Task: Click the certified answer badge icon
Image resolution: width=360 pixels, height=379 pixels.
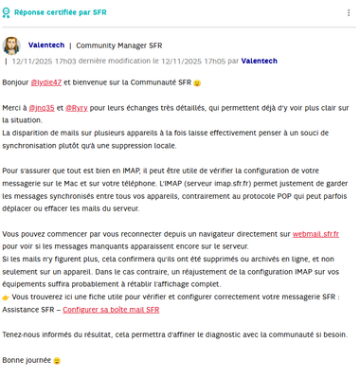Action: click(7, 14)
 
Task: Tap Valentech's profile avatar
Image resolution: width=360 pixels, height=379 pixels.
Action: click(12, 45)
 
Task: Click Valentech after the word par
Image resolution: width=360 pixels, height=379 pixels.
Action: click(259, 61)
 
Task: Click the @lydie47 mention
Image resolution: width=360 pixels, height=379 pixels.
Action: click(47, 83)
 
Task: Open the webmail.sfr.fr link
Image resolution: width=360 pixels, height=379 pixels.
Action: click(315, 233)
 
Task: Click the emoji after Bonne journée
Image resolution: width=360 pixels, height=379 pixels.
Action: click(57, 361)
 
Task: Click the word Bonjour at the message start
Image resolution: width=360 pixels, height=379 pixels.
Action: click(16, 83)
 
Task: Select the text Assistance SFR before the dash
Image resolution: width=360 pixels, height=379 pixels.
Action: click(28, 309)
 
